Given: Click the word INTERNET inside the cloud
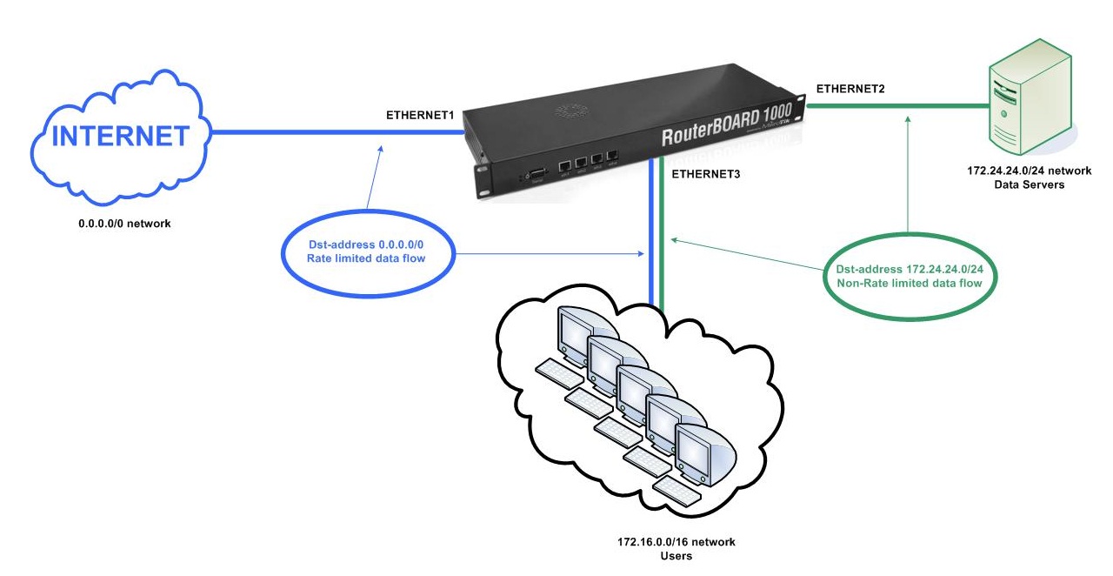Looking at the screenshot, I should (121, 136).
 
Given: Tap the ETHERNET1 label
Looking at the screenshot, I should (421, 115).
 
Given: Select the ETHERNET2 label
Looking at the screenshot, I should (851, 88).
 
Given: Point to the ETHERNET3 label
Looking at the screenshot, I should (706, 174).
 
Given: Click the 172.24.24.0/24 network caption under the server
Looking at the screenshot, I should (1023, 171).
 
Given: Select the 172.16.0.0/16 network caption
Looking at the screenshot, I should (670, 542).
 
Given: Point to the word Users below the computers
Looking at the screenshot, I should (670, 556).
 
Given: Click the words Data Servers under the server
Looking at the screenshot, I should (1023, 184).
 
